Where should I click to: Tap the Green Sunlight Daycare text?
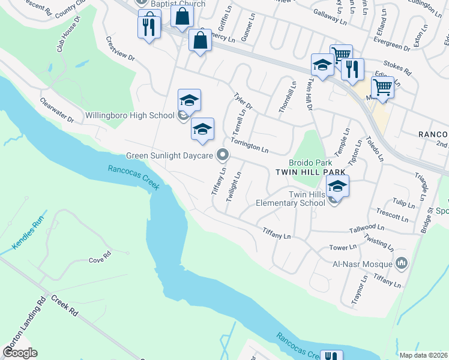[169, 156]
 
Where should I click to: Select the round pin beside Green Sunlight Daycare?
[223, 155]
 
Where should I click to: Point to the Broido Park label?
[310, 163]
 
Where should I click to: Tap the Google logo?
[20, 352]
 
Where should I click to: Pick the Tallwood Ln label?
[367, 228]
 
